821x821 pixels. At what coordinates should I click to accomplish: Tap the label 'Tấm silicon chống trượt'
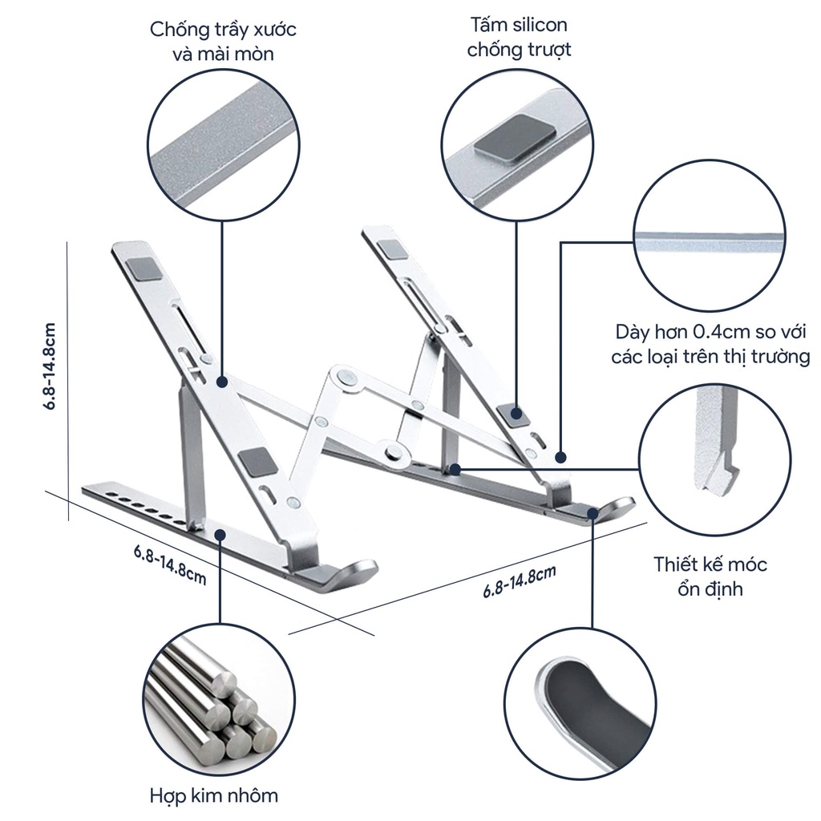[x=519, y=38]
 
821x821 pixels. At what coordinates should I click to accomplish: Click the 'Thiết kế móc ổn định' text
[x=710, y=576]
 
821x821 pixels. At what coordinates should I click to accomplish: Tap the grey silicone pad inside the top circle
[x=504, y=135]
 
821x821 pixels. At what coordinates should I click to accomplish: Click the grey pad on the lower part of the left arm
[x=255, y=463]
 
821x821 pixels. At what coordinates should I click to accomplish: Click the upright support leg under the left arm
[x=190, y=453]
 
